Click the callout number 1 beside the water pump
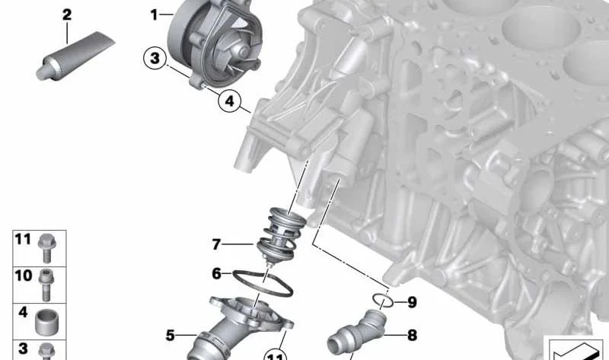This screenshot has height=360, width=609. click(155, 15)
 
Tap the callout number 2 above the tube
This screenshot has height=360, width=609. click(67, 15)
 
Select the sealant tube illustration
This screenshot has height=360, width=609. click(75, 56)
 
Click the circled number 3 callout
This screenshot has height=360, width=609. click(155, 59)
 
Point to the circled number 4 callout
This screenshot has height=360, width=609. click(230, 101)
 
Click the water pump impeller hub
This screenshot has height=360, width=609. click(243, 51)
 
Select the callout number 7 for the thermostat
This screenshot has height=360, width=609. click(216, 244)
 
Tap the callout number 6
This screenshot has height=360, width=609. click(216, 274)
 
